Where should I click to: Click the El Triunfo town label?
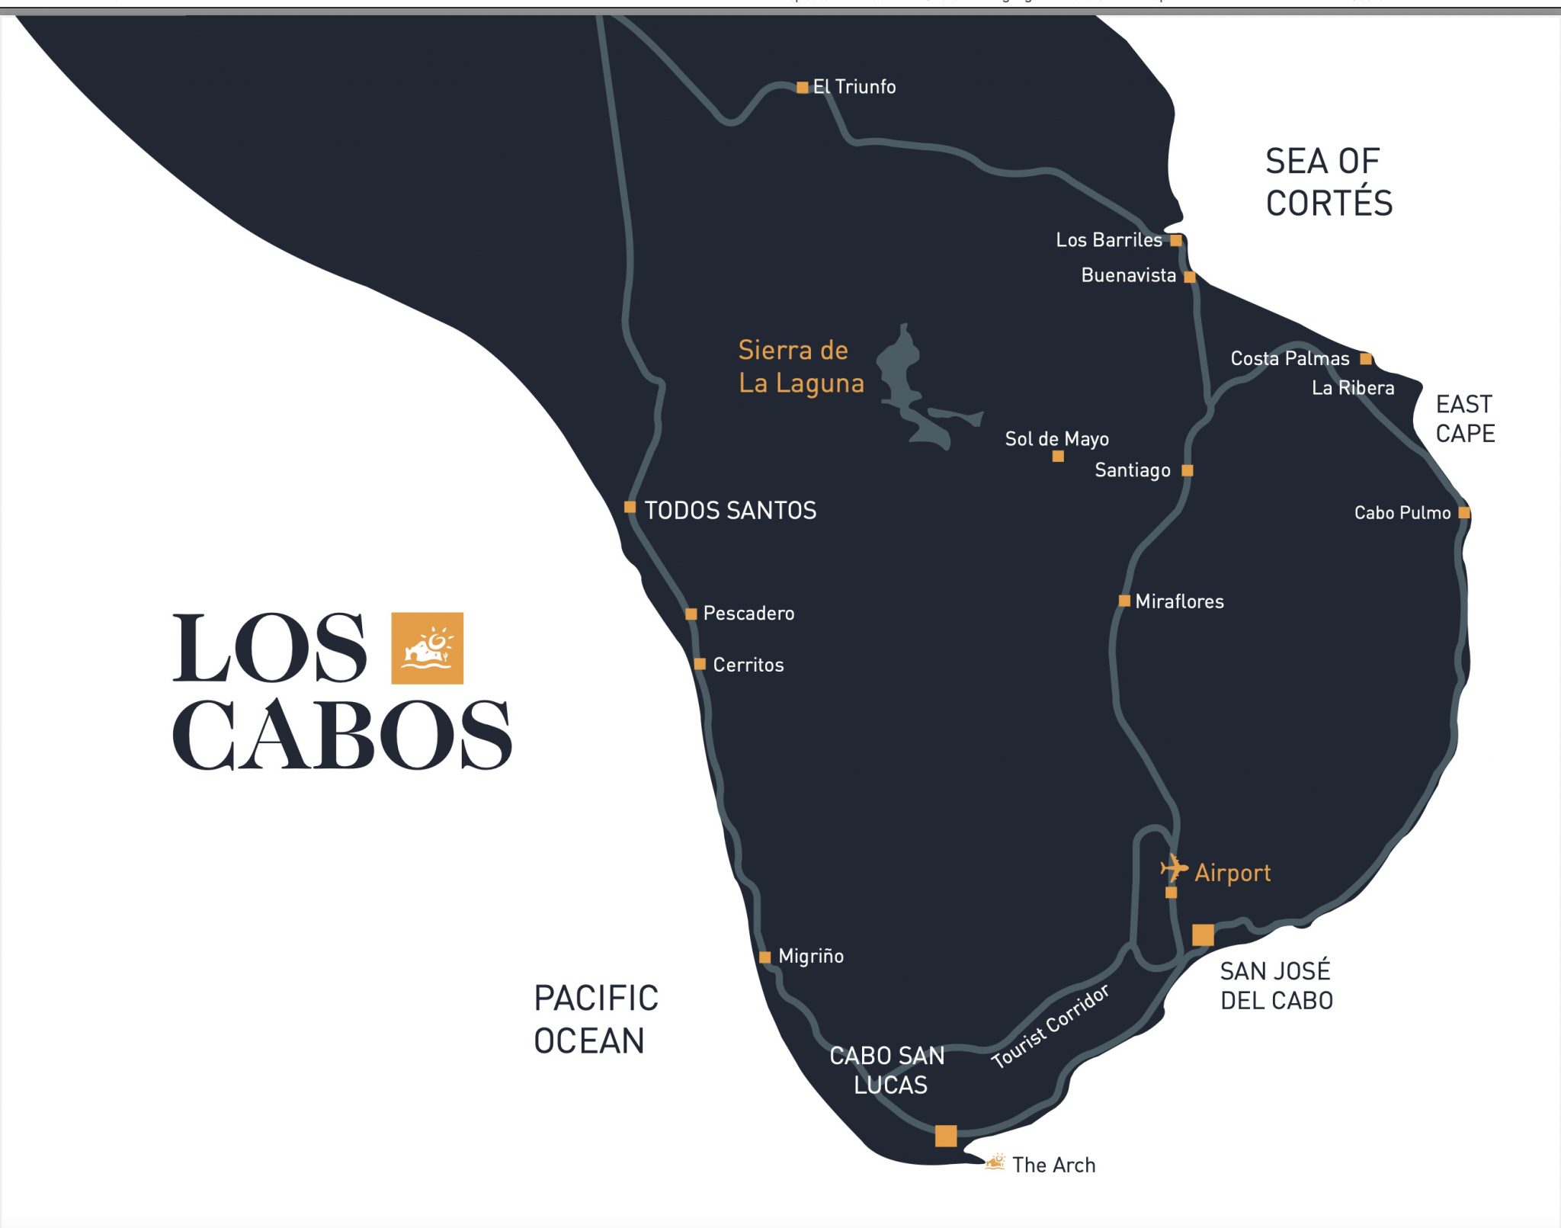[x=854, y=87]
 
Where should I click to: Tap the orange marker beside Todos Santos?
[x=630, y=507]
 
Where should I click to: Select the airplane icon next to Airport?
[x=1174, y=867]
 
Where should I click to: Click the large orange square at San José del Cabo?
[x=1203, y=935]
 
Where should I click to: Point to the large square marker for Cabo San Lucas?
[x=946, y=1136]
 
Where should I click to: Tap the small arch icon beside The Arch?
[x=995, y=1162]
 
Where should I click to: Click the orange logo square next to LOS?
[x=427, y=648]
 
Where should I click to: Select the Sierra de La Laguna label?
[x=800, y=367]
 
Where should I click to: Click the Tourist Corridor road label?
[x=1050, y=1026]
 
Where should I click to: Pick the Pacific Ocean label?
[x=596, y=1019]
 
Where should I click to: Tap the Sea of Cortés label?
[x=1329, y=182]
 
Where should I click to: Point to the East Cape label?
[x=1464, y=418]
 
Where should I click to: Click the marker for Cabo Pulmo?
[x=1463, y=513]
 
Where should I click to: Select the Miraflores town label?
[x=1179, y=601]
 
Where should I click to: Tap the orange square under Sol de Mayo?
[x=1058, y=457]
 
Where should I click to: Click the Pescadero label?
[x=748, y=614]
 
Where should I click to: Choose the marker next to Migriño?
[x=764, y=957]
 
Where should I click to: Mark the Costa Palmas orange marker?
[x=1366, y=358]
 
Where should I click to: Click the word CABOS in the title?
[x=341, y=735]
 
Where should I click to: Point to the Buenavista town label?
[x=1128, y=275]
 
